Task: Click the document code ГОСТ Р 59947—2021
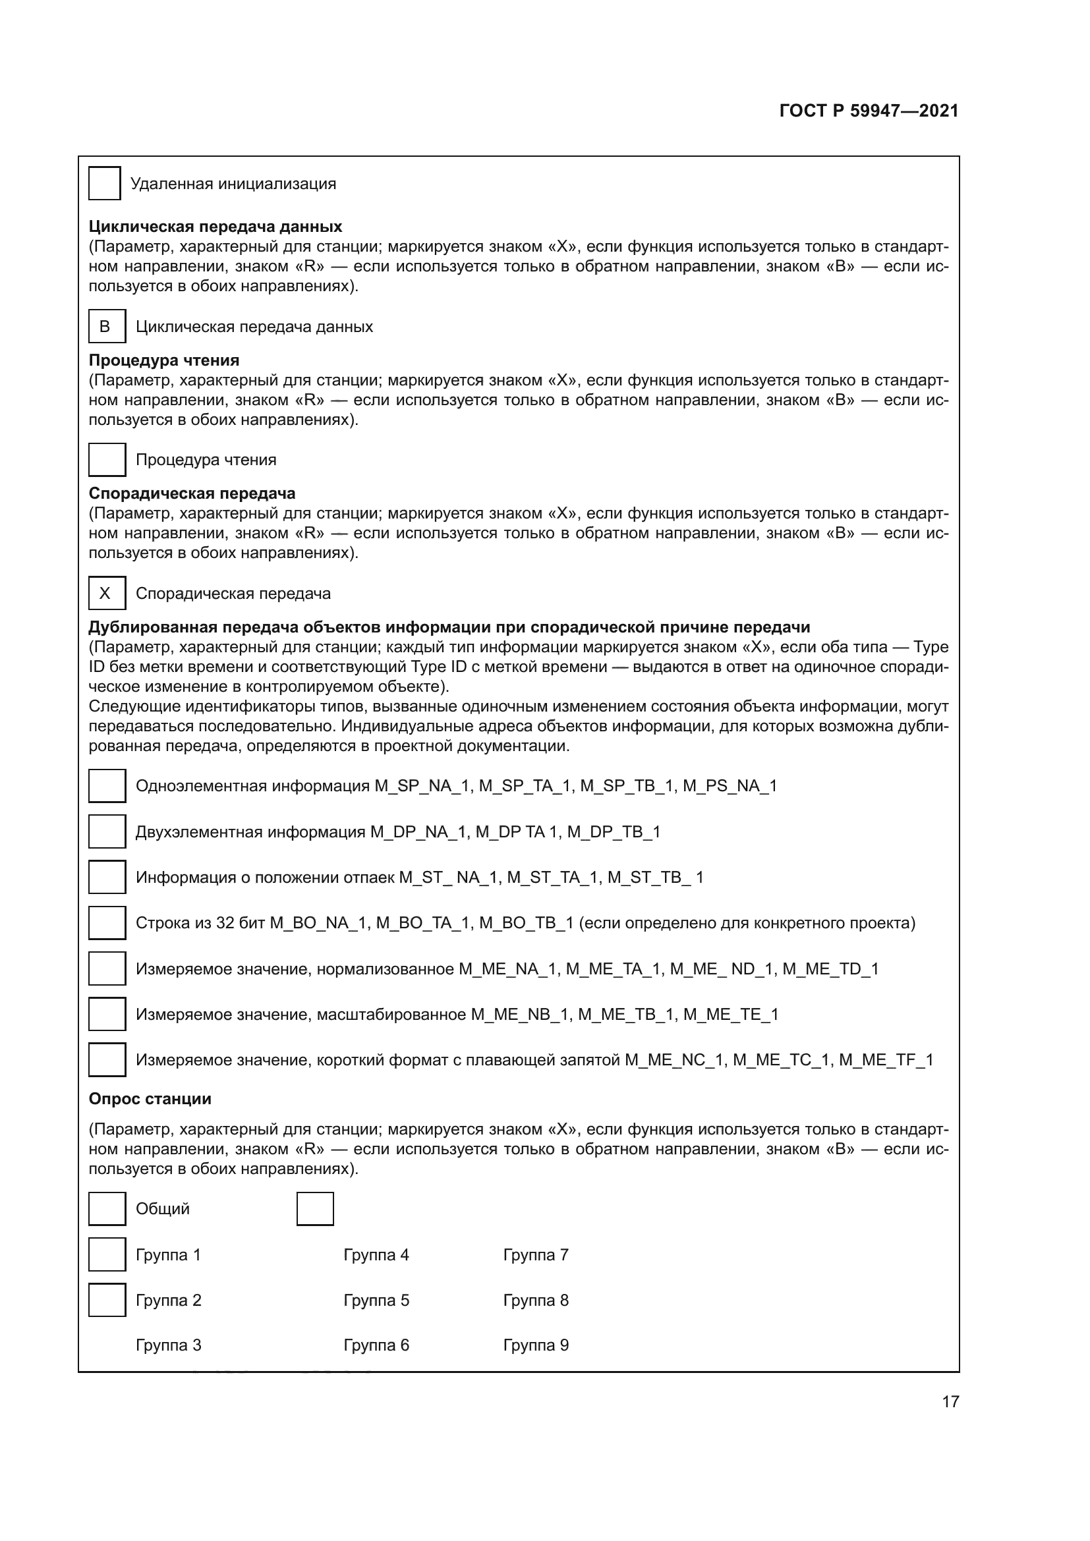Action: pos(869,111)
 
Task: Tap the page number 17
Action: pos(950,1401)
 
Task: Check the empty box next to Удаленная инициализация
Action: pos(105,183)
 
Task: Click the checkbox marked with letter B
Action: pos(107,326)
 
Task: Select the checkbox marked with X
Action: pos(107,594)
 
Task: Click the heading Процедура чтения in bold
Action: pos(164,360)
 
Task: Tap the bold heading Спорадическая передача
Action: pos(192,493)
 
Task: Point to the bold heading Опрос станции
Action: pos(150,1099)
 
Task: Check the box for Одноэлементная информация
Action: pos(107,786)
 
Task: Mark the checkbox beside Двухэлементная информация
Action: pos(107,831)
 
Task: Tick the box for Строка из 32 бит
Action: pos(107,923)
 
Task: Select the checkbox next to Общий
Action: pos(107,1209)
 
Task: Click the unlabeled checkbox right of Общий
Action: pos(315,1209)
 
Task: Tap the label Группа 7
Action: pos(536,1254)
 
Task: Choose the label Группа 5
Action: pos(376,1300)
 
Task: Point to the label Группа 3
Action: pos(169,1345)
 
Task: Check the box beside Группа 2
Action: pos(107,1300)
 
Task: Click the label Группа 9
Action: pos(536,1345)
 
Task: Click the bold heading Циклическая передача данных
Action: pos(215,227)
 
